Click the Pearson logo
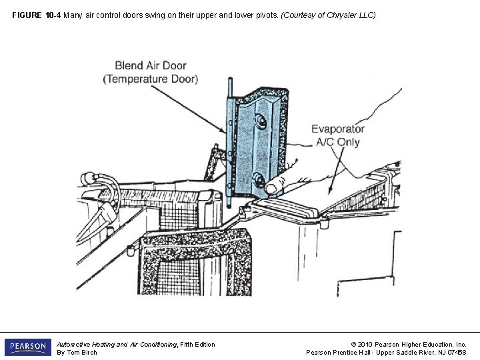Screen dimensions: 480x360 (27, 347)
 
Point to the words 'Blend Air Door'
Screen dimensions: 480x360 (151, 65)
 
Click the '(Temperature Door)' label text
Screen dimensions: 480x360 (151, 79)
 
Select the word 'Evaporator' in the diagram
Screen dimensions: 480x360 (338, 129)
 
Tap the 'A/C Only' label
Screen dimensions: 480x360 (338, 141)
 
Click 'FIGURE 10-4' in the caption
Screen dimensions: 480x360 (36, 14)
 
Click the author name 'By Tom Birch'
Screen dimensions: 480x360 (77, 353)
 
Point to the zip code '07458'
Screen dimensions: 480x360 (457, 353)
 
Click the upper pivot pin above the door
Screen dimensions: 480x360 (229, 87)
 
